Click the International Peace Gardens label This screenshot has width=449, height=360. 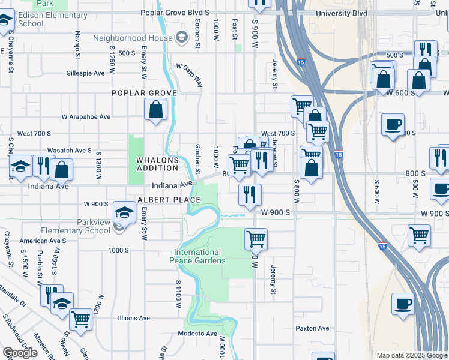[x=197, y=256]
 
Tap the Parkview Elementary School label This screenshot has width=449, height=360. [x=76, y=226]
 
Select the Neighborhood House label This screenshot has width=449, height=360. [x=133, y=38]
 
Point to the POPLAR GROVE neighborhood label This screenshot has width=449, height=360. [x=144, y=93]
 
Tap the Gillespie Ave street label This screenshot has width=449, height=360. [x=86, y=73]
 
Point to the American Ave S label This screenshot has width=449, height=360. [x=42, y=241]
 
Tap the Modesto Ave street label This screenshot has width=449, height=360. [x=197, y=334]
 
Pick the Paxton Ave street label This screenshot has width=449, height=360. [x=312, y=328]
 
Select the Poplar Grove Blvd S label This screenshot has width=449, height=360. [x=175, y=12]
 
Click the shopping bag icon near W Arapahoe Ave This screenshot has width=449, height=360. [x=155, y=110]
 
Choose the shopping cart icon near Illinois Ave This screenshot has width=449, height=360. [x=80, y=319]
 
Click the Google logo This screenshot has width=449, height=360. [x=20, y=353]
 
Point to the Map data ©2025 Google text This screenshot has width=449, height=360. [x=412, y=355]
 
